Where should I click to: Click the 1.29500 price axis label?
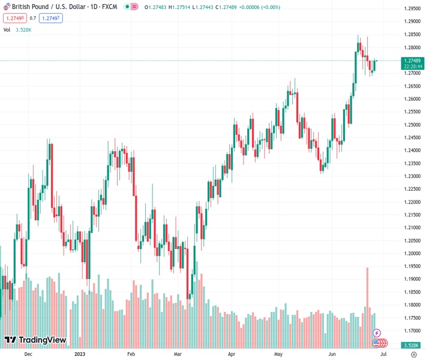(x=412, y=8)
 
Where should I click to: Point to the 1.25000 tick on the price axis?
(x=412, y=125)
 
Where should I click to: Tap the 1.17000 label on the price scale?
(x=412, y=331)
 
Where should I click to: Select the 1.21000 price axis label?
(x=412, y=228)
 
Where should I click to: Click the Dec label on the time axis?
(x=28, y=355)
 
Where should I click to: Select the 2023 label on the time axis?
(x=80, y=355)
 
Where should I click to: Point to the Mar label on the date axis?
(x=177, y=355)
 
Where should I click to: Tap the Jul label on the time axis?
(x=383, y=355)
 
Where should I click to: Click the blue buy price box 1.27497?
(x=51, y=19)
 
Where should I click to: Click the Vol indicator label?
(x=7, y=29)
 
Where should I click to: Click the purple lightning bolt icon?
(x=377, y=332)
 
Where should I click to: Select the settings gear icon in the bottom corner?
(x=413, y=355)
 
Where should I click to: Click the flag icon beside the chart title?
(x=7, y=7)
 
